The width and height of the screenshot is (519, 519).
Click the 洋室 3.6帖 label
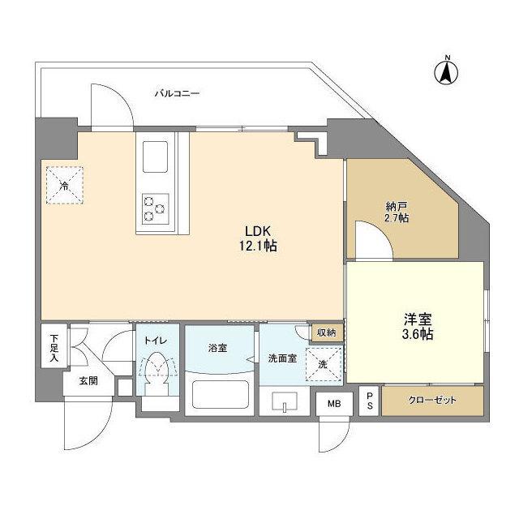(414, 326)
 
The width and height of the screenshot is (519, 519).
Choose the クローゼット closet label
(433, 401)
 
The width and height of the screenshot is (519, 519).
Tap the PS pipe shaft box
(370, 400)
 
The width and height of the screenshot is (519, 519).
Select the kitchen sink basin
(156, 156)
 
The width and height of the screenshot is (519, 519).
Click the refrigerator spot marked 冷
(64, 184)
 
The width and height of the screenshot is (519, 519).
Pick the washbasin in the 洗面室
(287, 401)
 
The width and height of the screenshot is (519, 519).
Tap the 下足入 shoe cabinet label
(53, 345)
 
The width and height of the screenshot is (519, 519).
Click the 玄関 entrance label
(88, 381)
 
